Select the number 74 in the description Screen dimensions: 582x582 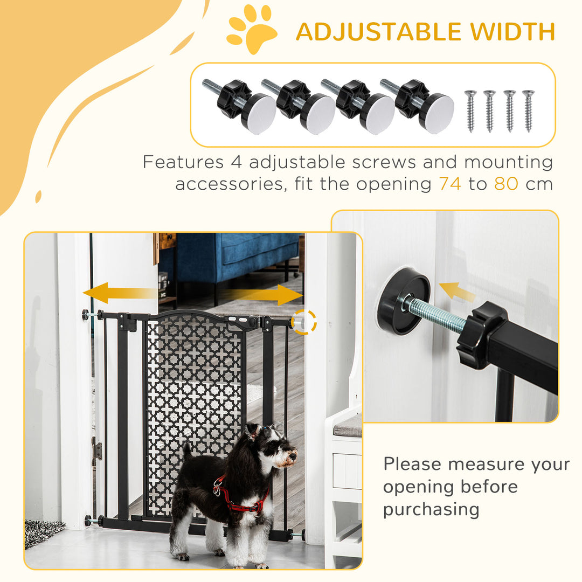[x=450, y=184]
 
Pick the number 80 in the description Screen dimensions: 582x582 [x=506, y=184]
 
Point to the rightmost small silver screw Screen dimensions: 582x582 [x=528, y=110]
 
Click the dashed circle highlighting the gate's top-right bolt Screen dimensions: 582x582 [x=303, y=322]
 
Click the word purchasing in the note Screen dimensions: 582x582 [x=431, y=509]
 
